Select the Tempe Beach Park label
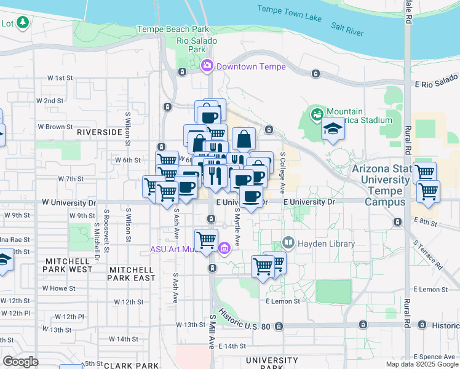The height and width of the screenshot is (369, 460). click(173, 29)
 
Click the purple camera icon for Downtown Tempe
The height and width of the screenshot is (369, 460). click(208, 65)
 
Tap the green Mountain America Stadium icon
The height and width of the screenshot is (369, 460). click(317, 114)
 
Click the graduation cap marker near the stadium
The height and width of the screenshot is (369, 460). click(333, 129)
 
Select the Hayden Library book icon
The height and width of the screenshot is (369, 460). click(288, 244)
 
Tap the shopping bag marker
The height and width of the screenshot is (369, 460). click(244, 138)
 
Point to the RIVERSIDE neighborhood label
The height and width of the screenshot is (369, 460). click(99, 132)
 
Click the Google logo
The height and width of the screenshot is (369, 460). click(20, 361)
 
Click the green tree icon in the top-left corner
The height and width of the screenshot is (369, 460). click(23, 23)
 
